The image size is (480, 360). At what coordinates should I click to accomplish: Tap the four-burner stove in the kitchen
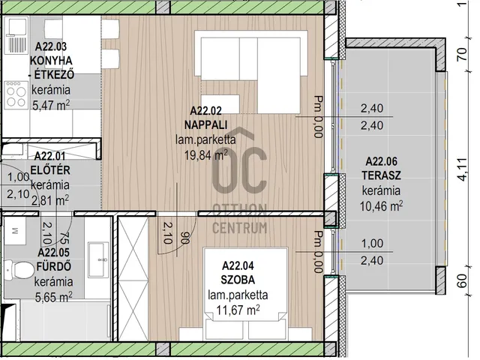tap(16, 95)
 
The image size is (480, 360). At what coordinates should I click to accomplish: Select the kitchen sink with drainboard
tap(16, 35)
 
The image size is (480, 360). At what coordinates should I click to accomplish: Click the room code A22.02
tap(205, 111)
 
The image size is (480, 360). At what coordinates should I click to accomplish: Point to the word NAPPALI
tap(205, 125)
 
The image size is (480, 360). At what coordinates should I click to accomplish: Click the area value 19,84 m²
tap(205, 155)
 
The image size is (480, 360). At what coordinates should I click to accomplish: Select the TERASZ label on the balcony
tap(381, 175)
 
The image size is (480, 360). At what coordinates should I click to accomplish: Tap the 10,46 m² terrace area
tap(381, 206)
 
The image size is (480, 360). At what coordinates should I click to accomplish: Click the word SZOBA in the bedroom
tap(238, 280)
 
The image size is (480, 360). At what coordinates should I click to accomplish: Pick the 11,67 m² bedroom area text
tap(238, 310)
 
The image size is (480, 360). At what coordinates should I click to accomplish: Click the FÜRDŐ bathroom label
tap(54, 266)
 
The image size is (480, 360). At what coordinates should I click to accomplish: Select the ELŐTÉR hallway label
tap(50, 170)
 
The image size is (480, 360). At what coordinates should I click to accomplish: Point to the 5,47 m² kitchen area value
tap(51, 106)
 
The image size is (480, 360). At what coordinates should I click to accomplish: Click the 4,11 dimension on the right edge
tap(463, 169)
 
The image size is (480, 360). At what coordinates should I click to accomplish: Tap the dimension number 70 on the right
tap(462, 54)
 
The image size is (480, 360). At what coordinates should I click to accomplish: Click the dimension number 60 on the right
tap(462, 280)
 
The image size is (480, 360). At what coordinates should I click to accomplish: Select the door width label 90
tap(184, 238)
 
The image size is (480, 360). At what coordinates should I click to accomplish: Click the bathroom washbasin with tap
tap(98, 259)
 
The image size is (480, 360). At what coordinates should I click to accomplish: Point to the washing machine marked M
tap(14, 230)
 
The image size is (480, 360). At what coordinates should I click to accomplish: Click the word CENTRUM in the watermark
tap(240, 228)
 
